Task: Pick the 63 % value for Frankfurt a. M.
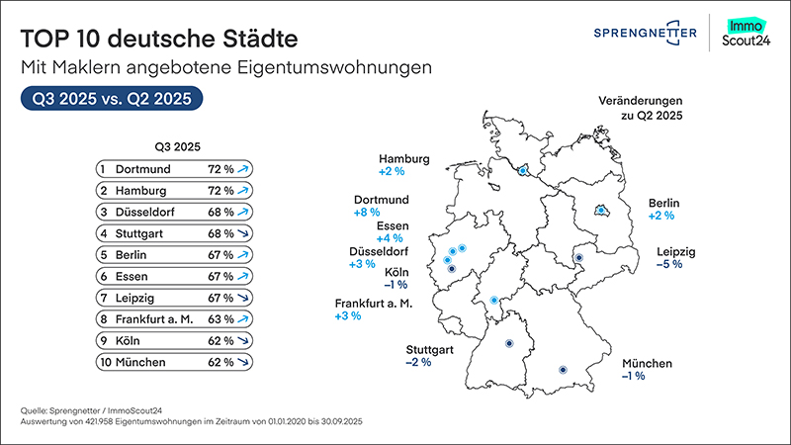(x=220, y=319)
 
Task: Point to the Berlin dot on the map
(x=598, y=210)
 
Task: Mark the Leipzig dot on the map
(x=579, y=257)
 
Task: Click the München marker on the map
(x=563, y=370)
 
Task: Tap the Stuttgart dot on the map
(x=509, y=344)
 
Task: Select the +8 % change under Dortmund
(x=366, y=212)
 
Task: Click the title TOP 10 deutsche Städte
(x=157, y=42)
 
